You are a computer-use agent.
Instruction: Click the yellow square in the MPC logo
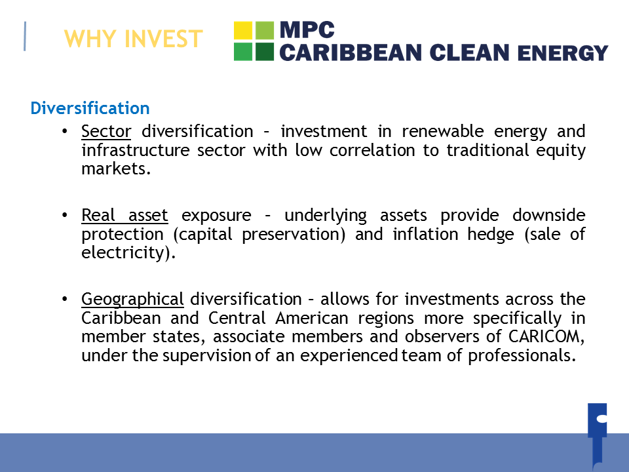pos(243,31)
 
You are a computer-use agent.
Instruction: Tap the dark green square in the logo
pos(264,51)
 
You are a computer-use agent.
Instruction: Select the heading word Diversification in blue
pos(90,108)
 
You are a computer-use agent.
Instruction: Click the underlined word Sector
pos(106,131)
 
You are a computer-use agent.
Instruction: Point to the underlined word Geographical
pos(132,300)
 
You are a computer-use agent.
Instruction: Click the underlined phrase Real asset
pos(124,215)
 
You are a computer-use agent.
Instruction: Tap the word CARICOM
pos(546,336)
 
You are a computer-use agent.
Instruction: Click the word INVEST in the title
pos(164,39)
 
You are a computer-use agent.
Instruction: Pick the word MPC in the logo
pos(307,29)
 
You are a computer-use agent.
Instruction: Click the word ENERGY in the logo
pos(562,52)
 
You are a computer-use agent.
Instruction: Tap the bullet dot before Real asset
pos(65,215)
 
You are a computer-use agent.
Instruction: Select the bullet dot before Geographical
pos(65,299)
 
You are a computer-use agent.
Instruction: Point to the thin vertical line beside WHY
pos(25,36)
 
